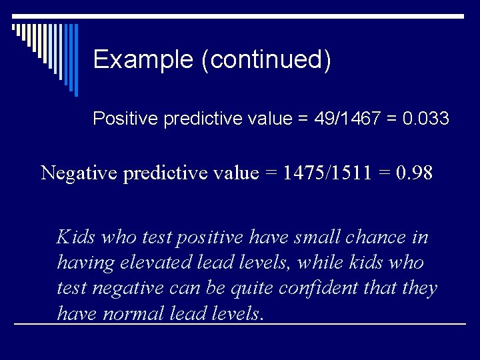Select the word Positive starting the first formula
(125, 119)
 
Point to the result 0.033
(427, 119)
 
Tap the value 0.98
(414, 173)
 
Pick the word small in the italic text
(296, 237)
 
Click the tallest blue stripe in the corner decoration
(75, 60)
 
